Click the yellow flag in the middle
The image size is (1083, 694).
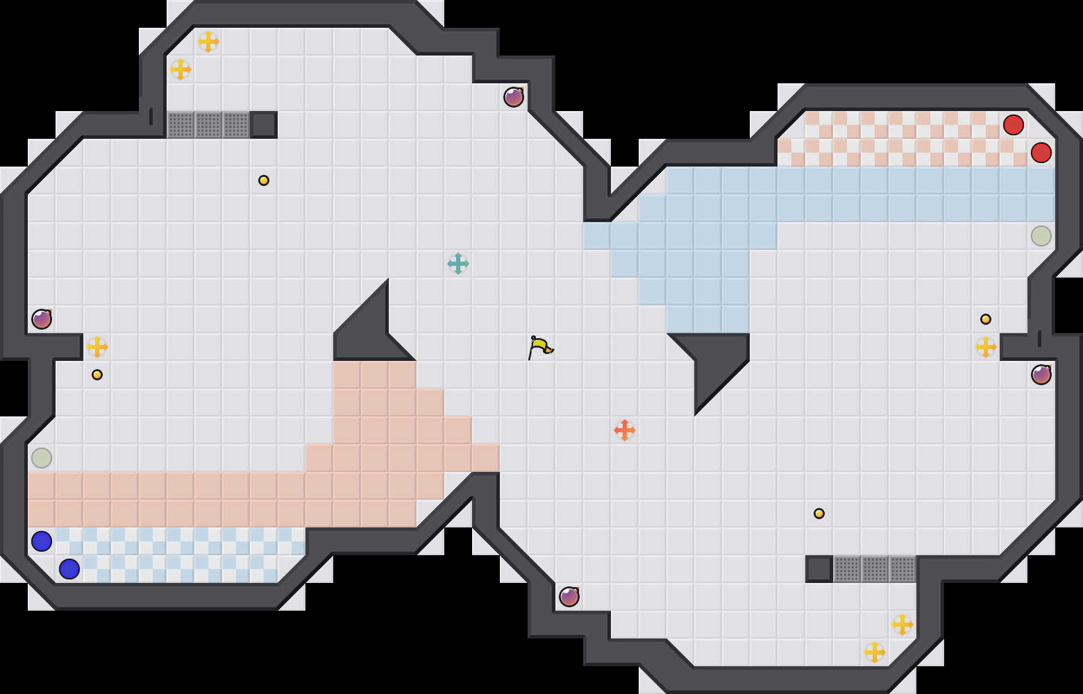click(x=540, y=346)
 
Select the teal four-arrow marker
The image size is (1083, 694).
click(x=458, y=264)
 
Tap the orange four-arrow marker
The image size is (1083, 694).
click(x=625, y=430)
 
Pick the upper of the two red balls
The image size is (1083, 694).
click(x=1014, y=125)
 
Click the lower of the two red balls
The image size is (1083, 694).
click(x=1041, y=153)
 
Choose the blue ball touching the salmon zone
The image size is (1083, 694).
click(x=42, y=541)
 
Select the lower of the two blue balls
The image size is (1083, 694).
click(x=69, y=569)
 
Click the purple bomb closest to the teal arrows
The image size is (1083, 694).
click(x=514, y=97)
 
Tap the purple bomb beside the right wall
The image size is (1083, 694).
click(x=1041, y=375)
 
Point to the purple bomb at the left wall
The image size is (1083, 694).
click(x=42, y=319)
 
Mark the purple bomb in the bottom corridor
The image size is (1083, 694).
click(x=569, y=597)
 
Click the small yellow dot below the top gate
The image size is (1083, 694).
click(x=264, y=180)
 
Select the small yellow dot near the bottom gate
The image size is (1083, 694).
click(x=819, y=514)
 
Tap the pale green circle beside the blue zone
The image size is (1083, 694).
click(x=1041, y=236)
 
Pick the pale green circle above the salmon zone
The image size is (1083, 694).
click(x=42, y=458)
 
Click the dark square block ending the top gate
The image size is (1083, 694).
click(x=264, y=125)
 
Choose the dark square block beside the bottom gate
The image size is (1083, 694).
click(x=819, y=569)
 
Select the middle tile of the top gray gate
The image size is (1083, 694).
click(x=208, y=125)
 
